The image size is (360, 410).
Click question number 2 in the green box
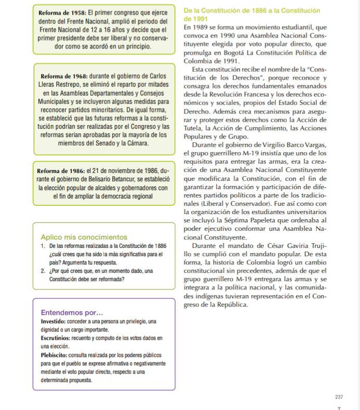click(x=42, y=271)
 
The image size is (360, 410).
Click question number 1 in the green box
click(x=42, y=245)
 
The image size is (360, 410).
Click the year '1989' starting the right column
click(x=204, y=27)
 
